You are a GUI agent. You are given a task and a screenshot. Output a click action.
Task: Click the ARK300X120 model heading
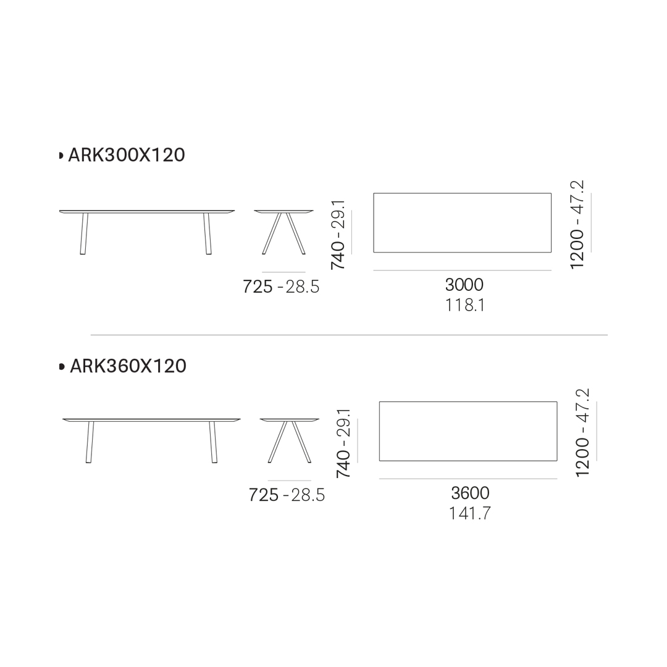pyautogui.click(x=127, y=155)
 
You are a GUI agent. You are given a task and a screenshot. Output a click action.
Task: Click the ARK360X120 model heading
pyautogui.click(x=128, y=366)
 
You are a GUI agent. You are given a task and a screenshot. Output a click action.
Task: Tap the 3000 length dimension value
pyautogui.click(x=464, y=285)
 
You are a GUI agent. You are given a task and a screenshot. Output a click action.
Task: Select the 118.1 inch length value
pyautogui.click(x=464, y=306)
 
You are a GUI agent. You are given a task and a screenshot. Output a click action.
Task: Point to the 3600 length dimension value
pyautogui.click(x=470, y=493)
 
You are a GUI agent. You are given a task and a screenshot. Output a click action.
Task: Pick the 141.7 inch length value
pyautogui.click(x=469, y=514)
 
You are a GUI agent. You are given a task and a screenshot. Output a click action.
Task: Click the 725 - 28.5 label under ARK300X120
pyautogui.click(x=281, y=287)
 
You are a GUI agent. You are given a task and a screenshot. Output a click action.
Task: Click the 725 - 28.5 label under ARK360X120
pyautogui.click(x=287, y=495)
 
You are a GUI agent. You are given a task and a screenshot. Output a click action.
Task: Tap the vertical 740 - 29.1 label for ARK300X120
pyautogui.click(x=338, y=235)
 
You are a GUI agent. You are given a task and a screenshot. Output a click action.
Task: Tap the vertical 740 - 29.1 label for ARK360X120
pyautogui.click(x=344, y=443)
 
